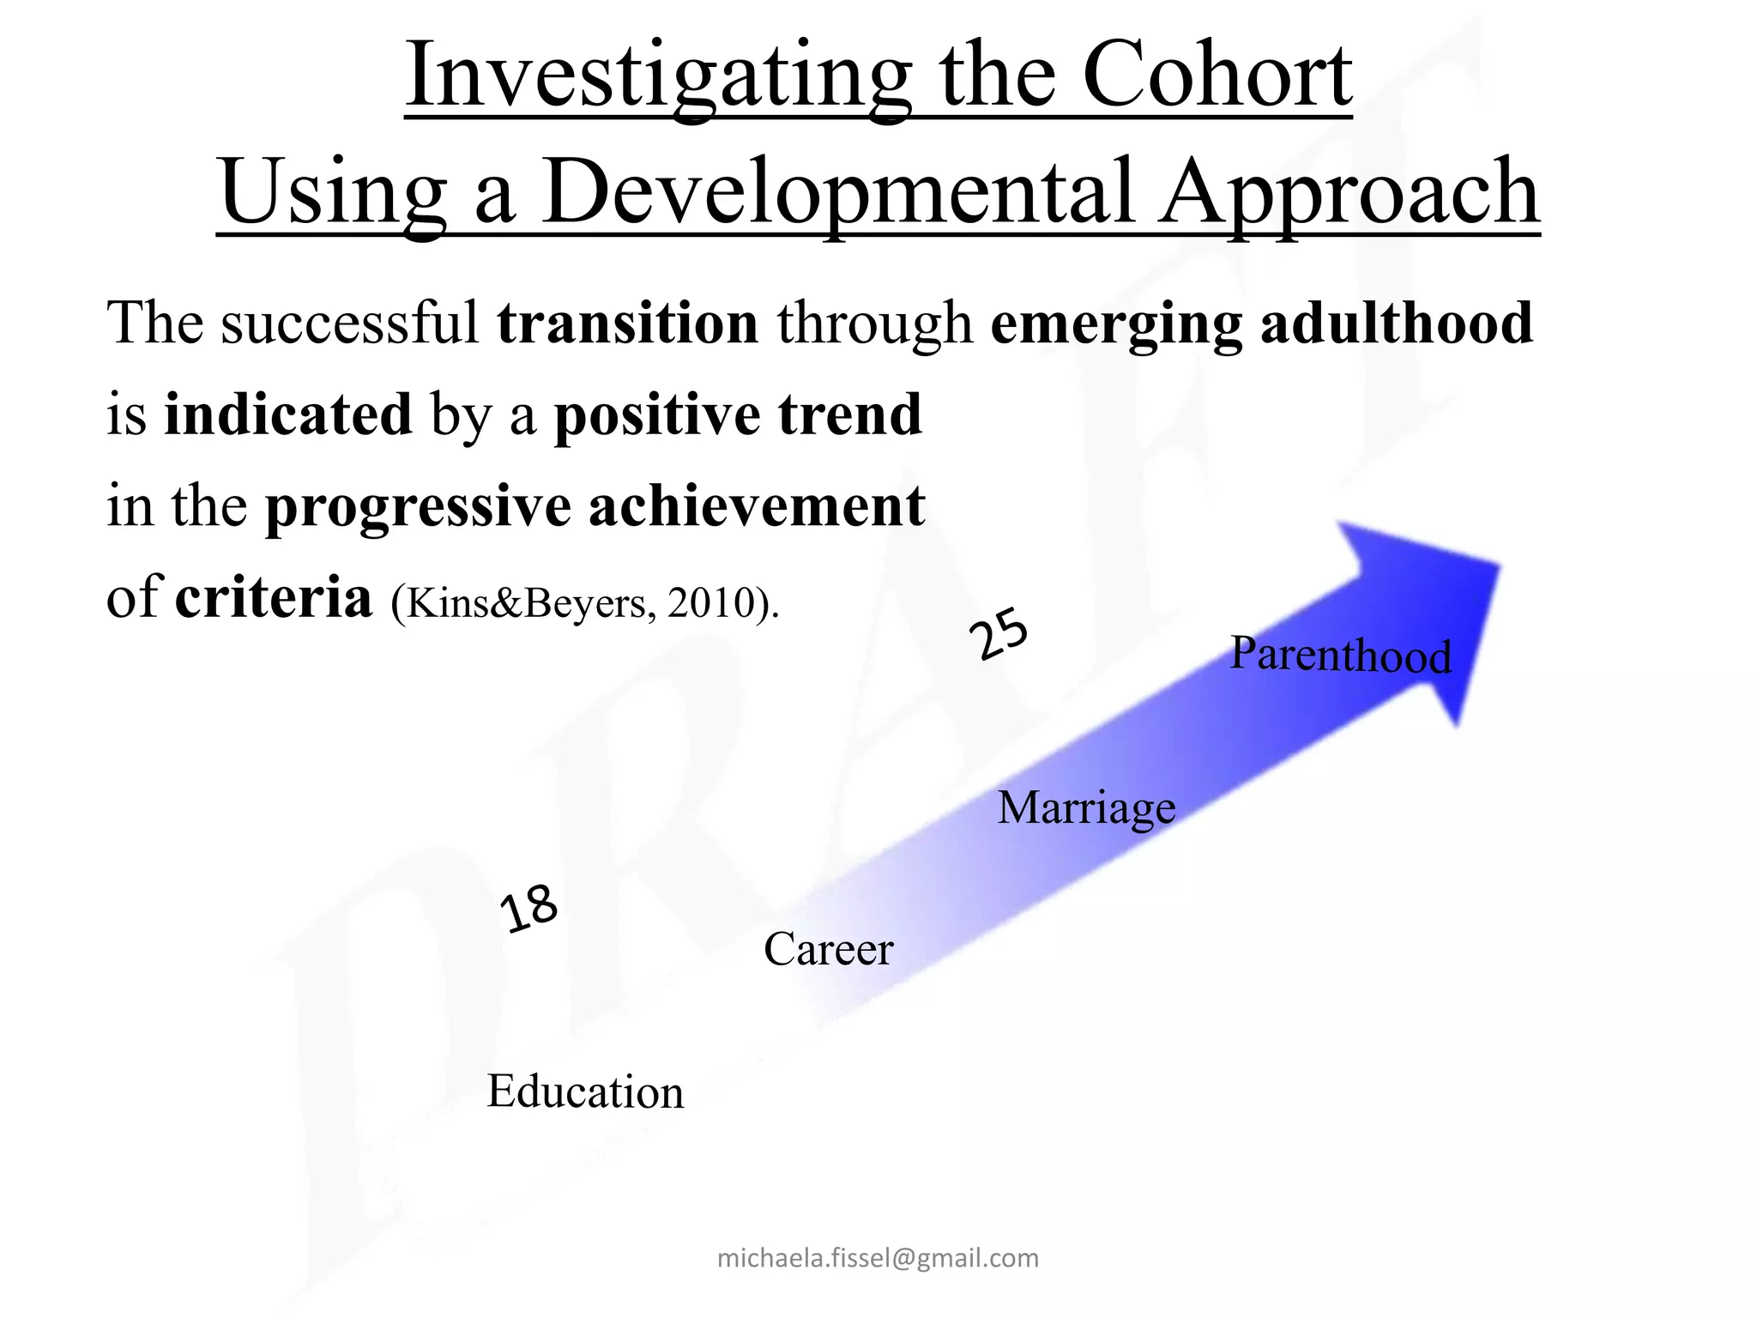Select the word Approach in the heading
pos(1347,193)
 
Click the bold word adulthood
pos(1396,323)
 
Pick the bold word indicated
pos(288,414)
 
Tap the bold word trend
pos(849,414)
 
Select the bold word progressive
pos(418,507)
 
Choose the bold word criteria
pos(274,597)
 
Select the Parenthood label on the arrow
pos(1340,656)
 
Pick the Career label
pos(829,949)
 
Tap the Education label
pos(585,1092)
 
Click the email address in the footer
pos(878,1258)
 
